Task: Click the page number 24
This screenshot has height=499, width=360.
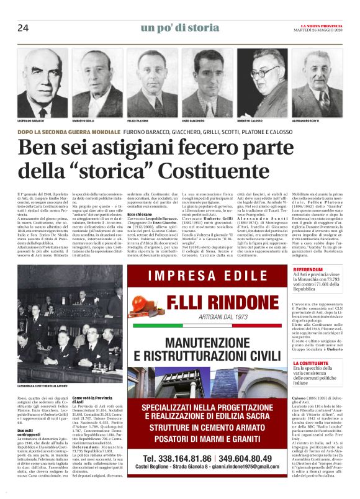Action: point(23,28)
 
